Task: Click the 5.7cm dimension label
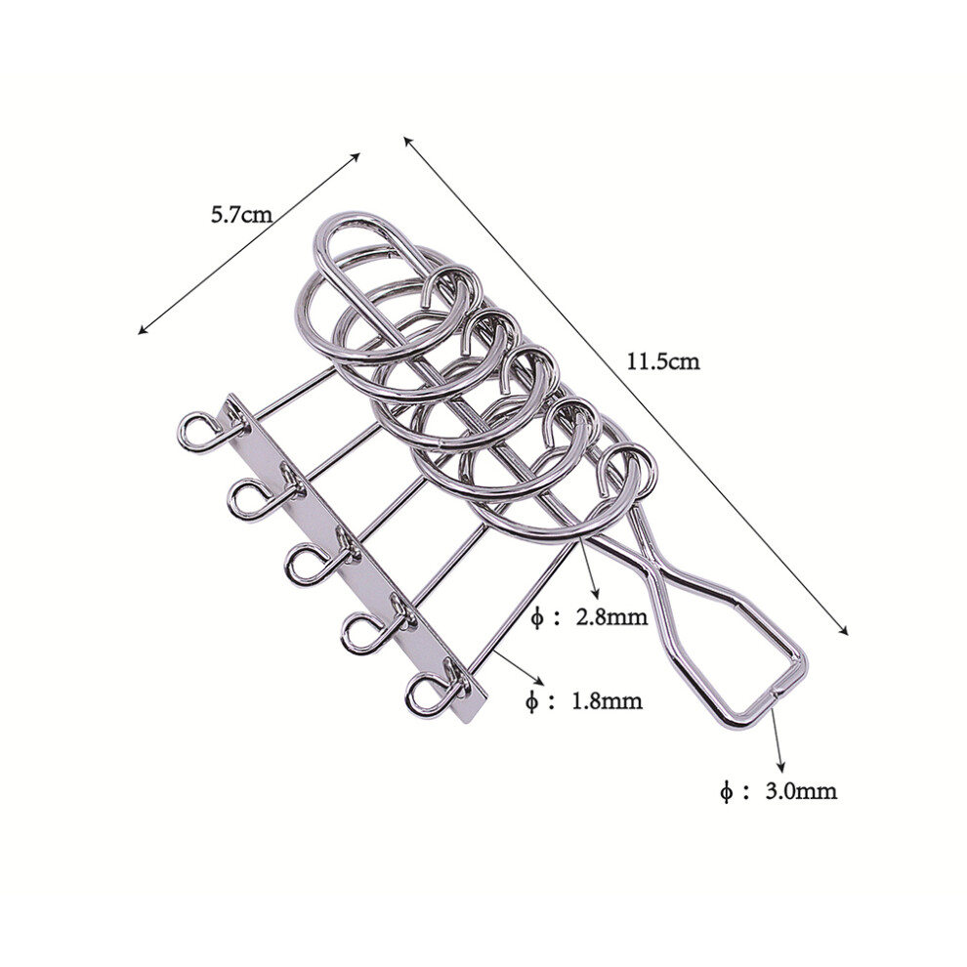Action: point(241,215)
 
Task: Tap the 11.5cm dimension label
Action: point(663,360)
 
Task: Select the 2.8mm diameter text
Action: point(611,616)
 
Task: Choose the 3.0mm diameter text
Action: point(801,790)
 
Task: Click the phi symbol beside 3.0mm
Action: point(727,791)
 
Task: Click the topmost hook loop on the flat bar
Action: point(198,431)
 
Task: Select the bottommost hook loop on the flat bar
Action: point(427,695)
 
